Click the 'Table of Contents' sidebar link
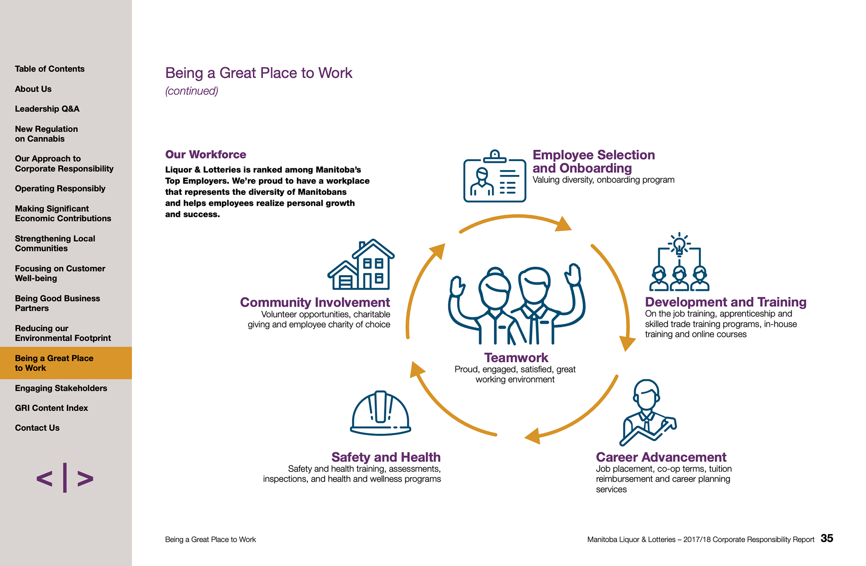pos(50,69)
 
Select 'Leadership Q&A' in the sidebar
pos(47,109)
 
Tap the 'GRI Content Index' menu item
pos(51,408)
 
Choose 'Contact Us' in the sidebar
pos(37,428)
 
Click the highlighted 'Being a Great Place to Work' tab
pos(54,363)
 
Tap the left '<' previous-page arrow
pos(44,479)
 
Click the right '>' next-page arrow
pos(85,479)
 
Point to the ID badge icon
pos(495,177)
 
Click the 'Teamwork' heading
pos(516,358)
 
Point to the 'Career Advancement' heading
pos(661,457)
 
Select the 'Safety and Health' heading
pos(386,457)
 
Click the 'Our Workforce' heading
pos(206,155)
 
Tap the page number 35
pos(827,538)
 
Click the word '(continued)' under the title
pos(192,91)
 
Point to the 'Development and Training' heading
pos(725,302)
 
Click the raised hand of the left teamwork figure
pos(457,286)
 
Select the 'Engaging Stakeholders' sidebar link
pos(61,388)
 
